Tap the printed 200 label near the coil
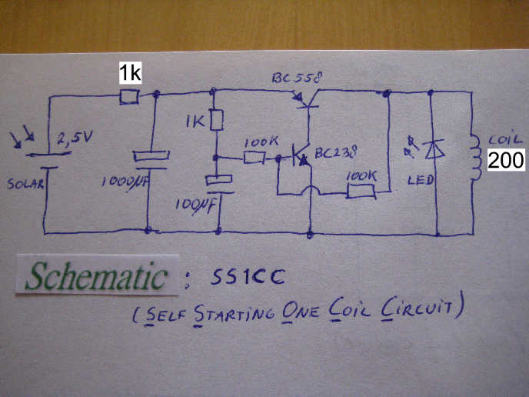coord(507,159)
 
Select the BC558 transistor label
coord(297,78)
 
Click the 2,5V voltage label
coord(74,139)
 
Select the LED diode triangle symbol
coord(434,148)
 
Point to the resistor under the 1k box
coord(130,97)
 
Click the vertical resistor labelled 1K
coord(217,120)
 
